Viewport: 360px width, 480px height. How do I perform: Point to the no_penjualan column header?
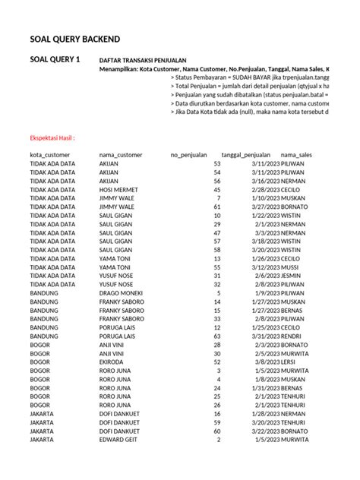(193, 154)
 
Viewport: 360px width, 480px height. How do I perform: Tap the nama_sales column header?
(317, 154)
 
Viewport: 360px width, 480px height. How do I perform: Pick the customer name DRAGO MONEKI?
(122, 292)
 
